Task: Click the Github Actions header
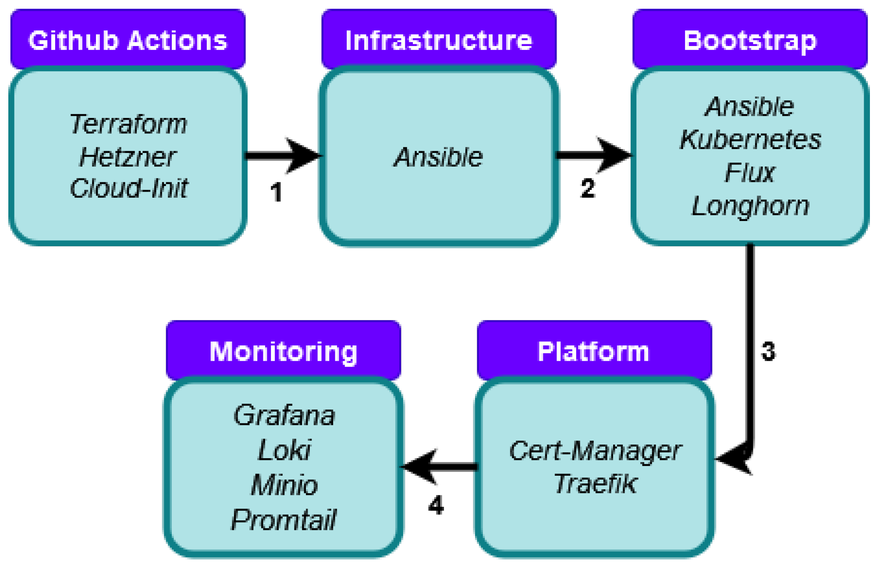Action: (x=128, y=40)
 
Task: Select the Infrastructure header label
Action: (x=439, y=40)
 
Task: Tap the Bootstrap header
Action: (x=750, y=40)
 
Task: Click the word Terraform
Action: (x=128, y=124)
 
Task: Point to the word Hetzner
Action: (x=128, y=157)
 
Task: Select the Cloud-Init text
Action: (x=128, y=189)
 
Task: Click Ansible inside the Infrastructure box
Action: (x=438, y=157)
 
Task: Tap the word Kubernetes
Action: (x=750, y=140)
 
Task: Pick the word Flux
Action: (x=750, y=172)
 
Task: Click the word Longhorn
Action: (x=750, y=206)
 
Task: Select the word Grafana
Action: (x=284, y=415)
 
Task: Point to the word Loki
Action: (x=284, y=450)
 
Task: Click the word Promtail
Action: (x=283, y=520)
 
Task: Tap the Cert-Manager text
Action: (x=595, y=451)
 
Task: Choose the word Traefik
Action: (x=595, y=484)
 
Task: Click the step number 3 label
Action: (x=768, y=351)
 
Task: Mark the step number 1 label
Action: (x=276, y=192)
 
